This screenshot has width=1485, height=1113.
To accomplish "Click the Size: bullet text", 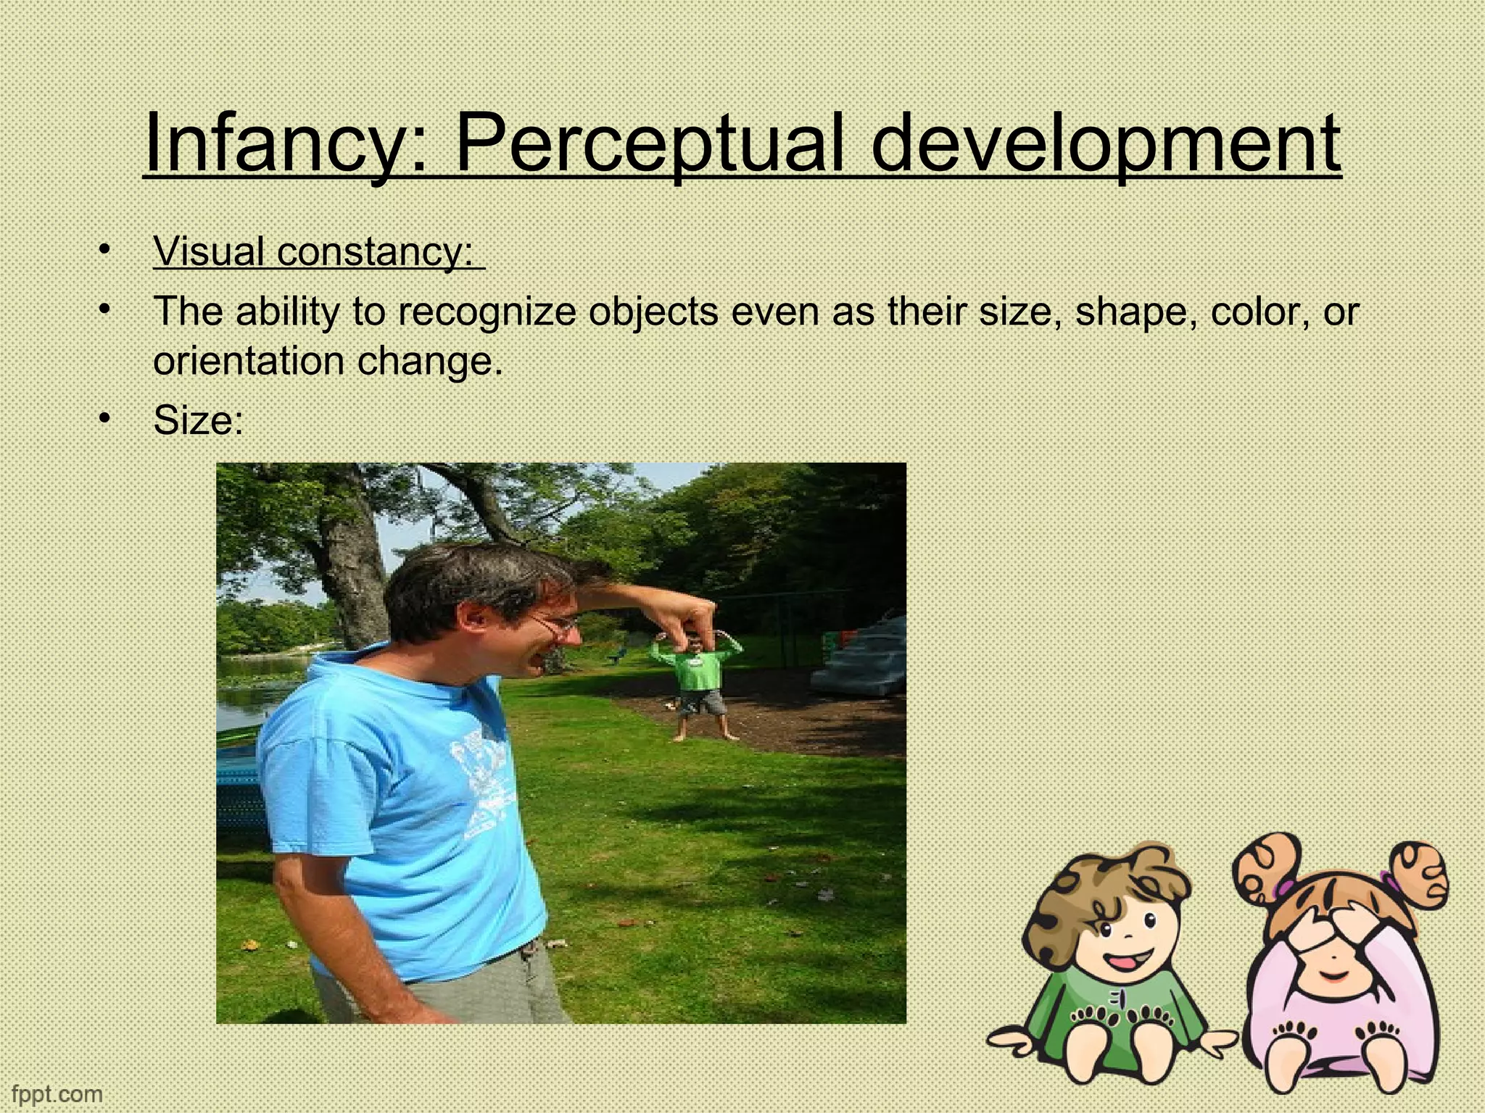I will pyautogui.click(x=198, y=420).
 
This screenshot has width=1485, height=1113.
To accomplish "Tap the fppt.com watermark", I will pyautogui.click(x=57, y=1093).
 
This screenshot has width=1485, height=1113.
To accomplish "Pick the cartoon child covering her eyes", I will pyautogui.click(x=1341, y=971).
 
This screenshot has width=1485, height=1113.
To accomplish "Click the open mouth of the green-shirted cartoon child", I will pyautogui.click(x=1121, y=962).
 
